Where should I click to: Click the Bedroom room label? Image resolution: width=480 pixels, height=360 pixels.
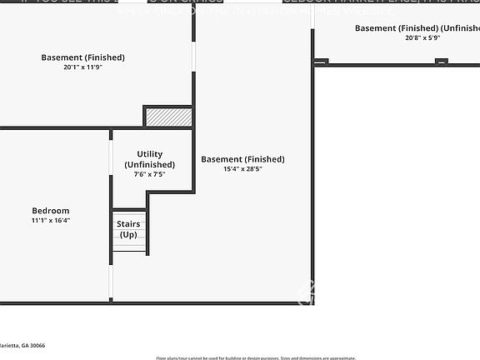[51, 211]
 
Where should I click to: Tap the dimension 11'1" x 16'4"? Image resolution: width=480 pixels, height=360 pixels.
[51, 221]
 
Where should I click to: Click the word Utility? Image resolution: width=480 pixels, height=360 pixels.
[150, 154]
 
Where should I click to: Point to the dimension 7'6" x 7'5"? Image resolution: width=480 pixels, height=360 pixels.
[150, 174]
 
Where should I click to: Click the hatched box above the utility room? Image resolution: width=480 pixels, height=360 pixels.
[168, 117]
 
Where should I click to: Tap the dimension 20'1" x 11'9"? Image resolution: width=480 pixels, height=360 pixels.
[83, 67]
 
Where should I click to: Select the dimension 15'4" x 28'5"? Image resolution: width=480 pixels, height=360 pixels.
[242, 169]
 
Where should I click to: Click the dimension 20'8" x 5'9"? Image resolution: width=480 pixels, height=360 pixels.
[422, 37]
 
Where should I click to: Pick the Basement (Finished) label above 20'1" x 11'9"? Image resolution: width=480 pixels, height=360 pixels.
[83, 57]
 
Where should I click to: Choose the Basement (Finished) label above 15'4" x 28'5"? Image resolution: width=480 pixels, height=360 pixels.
[242, 159]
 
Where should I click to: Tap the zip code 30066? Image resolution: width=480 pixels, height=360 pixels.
[34, 345]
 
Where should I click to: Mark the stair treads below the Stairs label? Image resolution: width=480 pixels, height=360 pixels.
[130, 247]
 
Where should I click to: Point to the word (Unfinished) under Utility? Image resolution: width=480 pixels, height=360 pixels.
[150, 164]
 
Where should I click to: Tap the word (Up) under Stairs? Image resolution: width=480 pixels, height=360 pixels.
[128, 234]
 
